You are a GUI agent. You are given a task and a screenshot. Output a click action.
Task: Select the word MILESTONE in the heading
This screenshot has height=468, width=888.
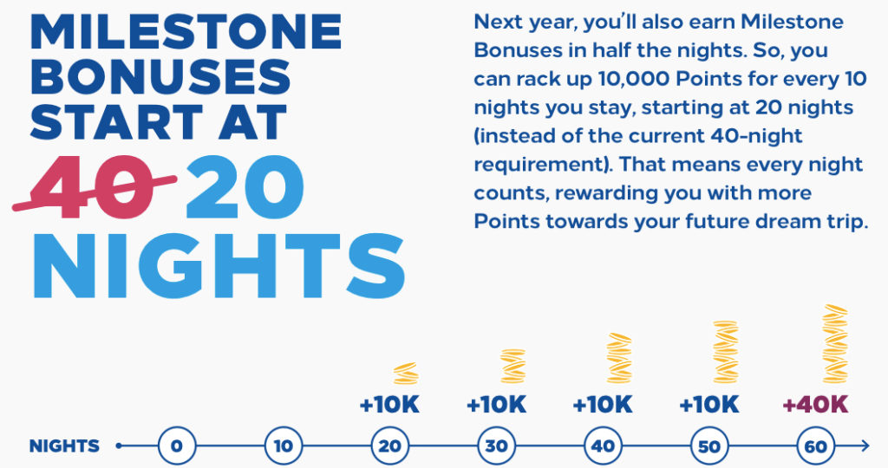[x=186, y=32]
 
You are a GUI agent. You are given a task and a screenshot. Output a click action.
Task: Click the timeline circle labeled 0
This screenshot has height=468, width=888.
[x=176, y=446]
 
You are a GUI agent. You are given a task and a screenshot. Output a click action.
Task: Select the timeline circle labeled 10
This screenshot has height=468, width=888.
[x=283, y=446]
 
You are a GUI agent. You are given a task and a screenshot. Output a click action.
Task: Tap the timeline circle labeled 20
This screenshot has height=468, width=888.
[x=389, y=446]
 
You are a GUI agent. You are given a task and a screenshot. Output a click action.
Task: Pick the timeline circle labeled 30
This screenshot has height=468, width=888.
[x=496, y=446]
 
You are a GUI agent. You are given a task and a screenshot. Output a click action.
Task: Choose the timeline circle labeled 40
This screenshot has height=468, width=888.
[x=603, y=446]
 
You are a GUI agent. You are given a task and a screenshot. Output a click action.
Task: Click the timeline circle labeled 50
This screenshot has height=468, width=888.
[x=709, y=446]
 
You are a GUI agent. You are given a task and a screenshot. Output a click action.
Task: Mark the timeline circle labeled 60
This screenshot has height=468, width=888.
[x=816, y=446]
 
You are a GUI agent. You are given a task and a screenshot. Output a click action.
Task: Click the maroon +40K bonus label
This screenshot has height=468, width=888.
[x=815, y=405]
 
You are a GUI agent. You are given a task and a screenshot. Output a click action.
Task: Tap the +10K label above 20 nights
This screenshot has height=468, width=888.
[x=389, y=405]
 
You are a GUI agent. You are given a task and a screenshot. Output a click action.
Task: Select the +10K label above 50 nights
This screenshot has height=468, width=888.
[x=708, y=405]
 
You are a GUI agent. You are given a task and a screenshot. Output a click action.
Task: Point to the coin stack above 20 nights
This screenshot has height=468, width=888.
[x=406, y=374]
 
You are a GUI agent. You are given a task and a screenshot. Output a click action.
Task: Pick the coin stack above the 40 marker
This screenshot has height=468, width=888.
[x=619, y=357]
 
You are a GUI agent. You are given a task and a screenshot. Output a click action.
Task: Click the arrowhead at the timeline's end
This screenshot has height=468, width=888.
[x=864, y=446]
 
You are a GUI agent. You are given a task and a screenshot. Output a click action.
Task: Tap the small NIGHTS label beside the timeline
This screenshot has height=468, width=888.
[x=64, y=446]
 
